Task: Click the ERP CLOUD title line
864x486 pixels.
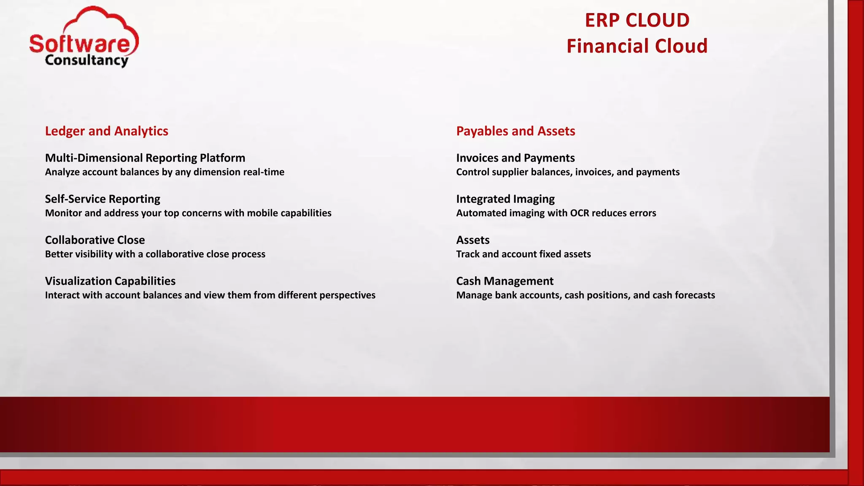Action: click(637, 20)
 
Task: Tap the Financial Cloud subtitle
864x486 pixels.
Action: click(637, 46)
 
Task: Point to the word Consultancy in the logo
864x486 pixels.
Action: click(86, 60)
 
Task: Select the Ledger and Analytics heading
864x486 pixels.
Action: click(107, 131)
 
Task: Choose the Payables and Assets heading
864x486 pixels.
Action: click(516, 131)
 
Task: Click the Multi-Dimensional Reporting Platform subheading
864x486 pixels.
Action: click(145, 158)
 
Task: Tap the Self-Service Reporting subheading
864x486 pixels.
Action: click(103, 199)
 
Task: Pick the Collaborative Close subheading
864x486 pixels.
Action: click(95, 240)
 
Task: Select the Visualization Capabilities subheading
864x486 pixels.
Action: click(110, 281)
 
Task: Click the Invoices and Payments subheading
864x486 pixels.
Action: click(516, 158)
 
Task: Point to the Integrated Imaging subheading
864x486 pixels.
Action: click(505, 199)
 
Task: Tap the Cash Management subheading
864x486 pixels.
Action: click(505, 281)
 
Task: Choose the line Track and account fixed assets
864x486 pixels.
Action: click(524, 254)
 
